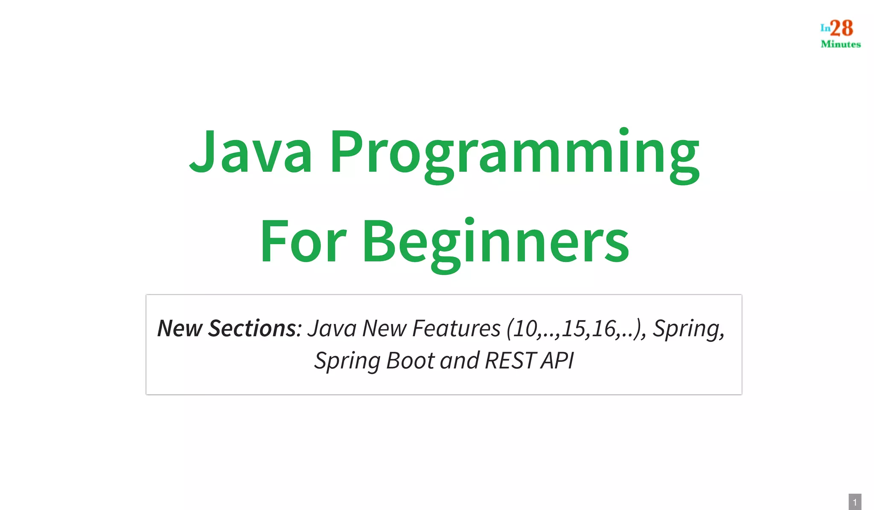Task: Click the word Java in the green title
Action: coord(251,152)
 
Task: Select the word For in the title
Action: coord(303,242)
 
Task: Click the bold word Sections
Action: coord(252,329)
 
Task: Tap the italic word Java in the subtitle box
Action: coord(332,329)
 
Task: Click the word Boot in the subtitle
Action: coord(411,361)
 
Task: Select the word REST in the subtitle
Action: coord(510,361)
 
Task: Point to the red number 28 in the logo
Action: coord(842,29)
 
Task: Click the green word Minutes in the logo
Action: coord(840,44)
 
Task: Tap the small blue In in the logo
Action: coord(825,28)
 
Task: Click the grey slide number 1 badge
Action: coord(855,502)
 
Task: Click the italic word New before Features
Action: coord(384,329)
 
